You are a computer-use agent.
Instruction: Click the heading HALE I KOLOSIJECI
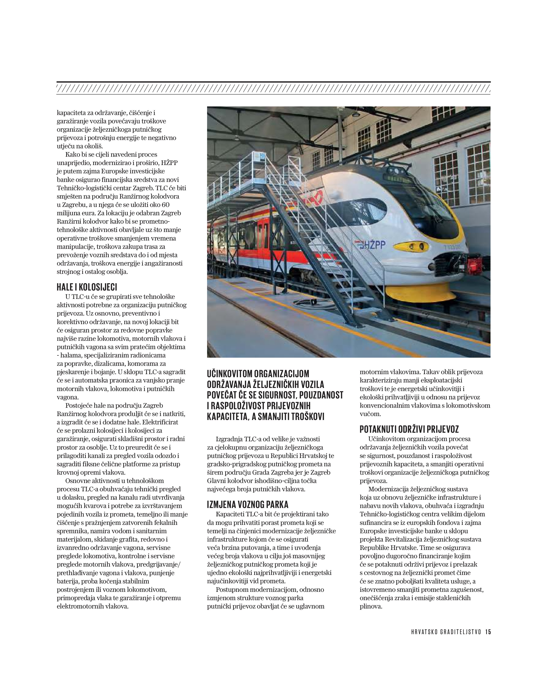pos(87,287)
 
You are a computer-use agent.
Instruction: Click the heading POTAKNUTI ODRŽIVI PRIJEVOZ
pos(409,429)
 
